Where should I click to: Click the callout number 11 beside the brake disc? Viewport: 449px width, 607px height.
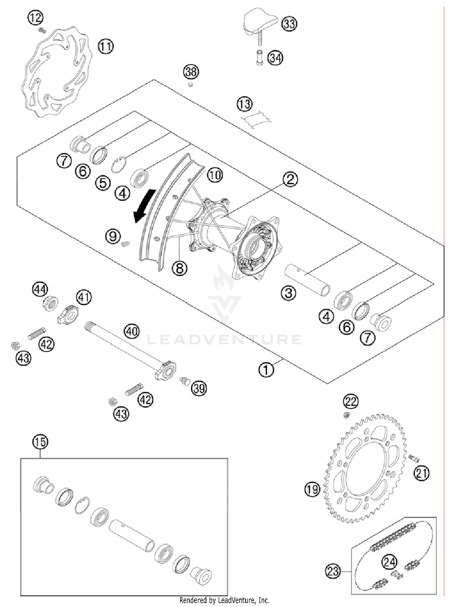(105, 46)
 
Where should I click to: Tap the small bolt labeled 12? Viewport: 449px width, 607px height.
(42, 30)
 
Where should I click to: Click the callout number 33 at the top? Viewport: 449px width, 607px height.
(289, 24)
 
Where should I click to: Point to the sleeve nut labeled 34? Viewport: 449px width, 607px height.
(259, 58)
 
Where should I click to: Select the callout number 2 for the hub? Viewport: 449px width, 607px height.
(290, 179)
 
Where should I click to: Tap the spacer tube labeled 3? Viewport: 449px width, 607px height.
(307, 280)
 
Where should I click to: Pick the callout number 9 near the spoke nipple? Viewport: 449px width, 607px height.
(113, 237)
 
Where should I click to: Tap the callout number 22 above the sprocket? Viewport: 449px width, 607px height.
(351, 401)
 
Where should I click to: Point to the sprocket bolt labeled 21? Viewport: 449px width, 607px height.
(413, 458)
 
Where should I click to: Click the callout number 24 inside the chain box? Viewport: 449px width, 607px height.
(389, 562)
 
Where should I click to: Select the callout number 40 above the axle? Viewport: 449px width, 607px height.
(132, 331)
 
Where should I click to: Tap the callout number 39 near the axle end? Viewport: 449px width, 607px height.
(199, 388)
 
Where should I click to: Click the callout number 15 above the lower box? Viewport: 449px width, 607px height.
(40, 442)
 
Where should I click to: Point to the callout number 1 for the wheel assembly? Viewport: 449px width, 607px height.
(266, 370)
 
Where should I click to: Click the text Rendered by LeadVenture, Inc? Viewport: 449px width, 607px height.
(224, 600)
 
